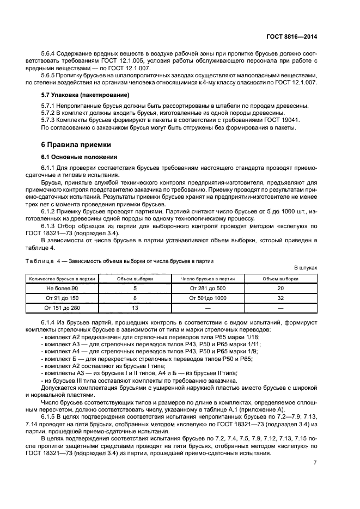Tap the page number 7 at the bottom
pyautogui.click(x=315, y=463)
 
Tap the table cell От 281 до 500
pyautogui.click(x=208, y=287)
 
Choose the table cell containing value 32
pyautogui.click(x=281, y=298)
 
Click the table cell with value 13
pyautogui.click(x=135, y=308)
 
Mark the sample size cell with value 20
pyautogui.click(x=281, y=287)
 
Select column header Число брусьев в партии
pyautogui.click(x=208, y=278)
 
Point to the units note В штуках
pyautogui.click(x=305, y=268)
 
